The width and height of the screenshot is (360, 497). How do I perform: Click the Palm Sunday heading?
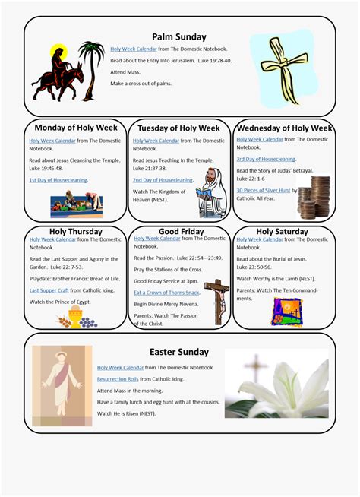(178, 36)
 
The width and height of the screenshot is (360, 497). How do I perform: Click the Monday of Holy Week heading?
(74, 128)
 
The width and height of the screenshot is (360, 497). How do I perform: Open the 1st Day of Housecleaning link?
(58, 180)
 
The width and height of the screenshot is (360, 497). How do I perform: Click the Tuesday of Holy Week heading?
(178, 128)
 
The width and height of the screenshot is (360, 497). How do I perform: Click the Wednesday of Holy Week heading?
(284, 128)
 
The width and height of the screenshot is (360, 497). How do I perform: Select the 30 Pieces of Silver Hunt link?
(263, 191)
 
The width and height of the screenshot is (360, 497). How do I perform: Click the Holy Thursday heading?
(75, 231)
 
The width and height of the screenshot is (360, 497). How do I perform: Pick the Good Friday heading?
(180, 231)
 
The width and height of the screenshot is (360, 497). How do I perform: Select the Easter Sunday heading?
(178, 352)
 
